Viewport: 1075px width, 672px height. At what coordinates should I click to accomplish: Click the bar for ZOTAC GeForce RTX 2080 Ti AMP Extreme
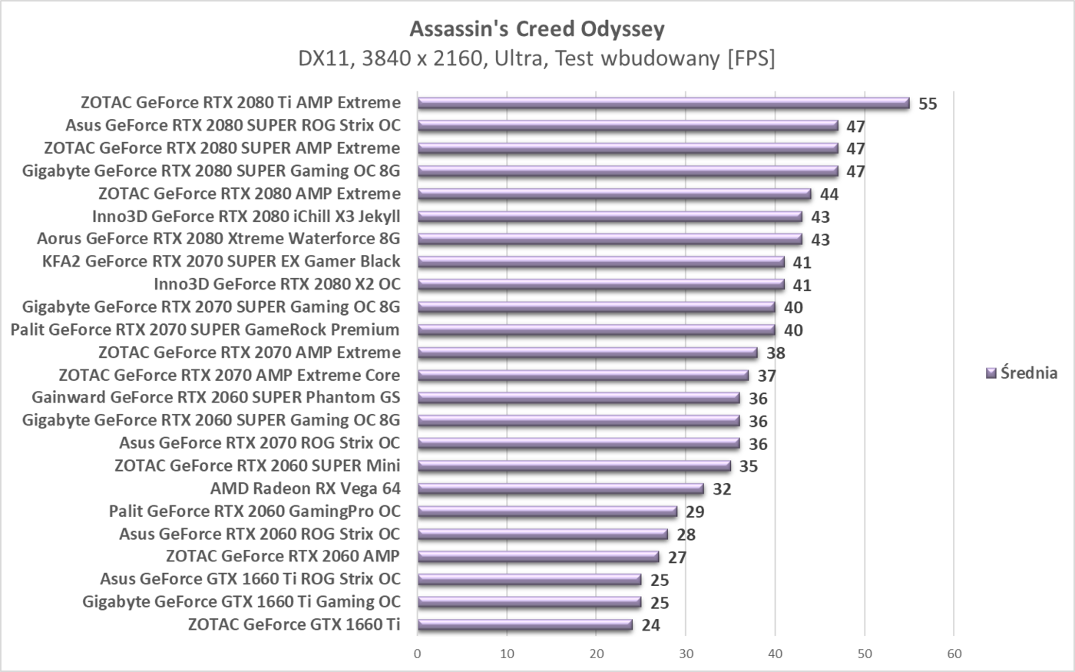(663, 103)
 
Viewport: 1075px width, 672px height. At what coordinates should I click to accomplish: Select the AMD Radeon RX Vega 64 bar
(561, 488)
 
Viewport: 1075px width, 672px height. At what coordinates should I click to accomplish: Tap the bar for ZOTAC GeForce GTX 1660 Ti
(525, 624)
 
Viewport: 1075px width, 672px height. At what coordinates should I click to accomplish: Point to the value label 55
(928, 104)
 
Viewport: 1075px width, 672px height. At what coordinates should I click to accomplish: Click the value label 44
(829, 194)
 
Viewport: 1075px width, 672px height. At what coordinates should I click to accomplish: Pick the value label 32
(722, 489)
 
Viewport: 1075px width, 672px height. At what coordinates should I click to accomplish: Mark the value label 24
(650, 625)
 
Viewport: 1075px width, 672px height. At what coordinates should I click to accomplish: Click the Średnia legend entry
(1021, 373)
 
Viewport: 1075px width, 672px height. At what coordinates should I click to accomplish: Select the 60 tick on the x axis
(954, 654)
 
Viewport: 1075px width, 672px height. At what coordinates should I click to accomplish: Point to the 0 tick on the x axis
(418, 654)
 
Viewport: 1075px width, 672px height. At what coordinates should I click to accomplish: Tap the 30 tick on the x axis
(686, 654)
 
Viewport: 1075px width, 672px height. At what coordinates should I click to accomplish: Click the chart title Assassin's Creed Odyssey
(537, 29)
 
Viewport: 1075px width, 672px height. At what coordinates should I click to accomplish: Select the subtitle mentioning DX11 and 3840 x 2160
(537, 58)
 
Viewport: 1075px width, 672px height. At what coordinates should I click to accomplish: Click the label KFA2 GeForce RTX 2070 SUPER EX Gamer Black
(221, 261)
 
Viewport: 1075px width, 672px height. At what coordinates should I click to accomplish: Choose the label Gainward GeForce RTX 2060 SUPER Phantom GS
(216, 397)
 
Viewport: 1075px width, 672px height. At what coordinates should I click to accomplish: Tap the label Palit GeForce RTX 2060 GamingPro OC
(254, 511)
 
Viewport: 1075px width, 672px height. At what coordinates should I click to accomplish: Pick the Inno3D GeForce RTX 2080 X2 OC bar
(600, 284)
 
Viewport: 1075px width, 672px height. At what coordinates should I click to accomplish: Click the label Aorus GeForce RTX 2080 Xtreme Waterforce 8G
(218, 239)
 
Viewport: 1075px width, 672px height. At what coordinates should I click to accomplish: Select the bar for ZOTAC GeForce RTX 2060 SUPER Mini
(574, 465)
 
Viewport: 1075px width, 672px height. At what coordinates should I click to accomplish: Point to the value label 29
(695, 511)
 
